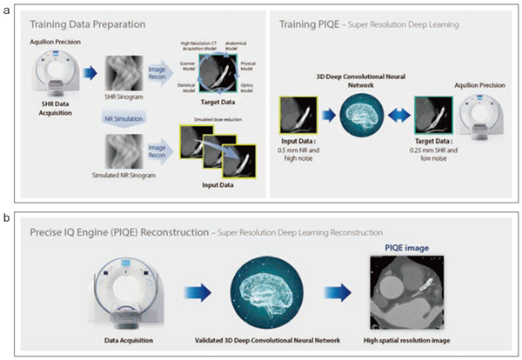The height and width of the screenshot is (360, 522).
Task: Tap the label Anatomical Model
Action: tap(237, 49)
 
